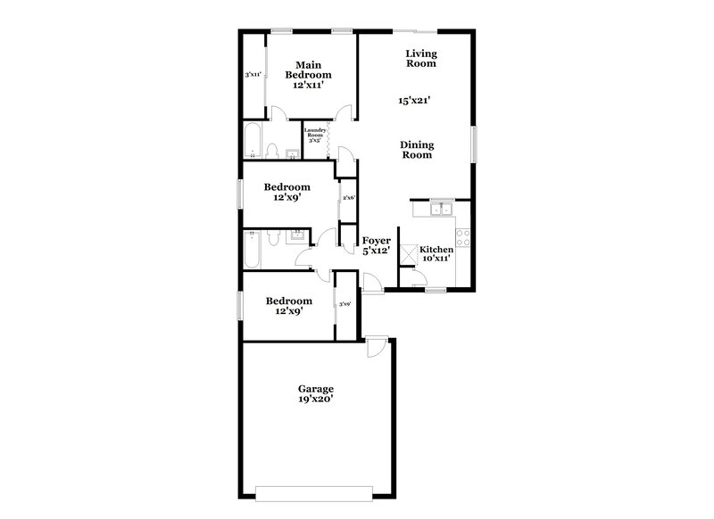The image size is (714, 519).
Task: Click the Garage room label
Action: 316,389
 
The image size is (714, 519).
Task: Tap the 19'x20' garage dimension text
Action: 316,400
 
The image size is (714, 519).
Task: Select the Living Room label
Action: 420,58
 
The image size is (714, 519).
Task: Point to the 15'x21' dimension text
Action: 415,101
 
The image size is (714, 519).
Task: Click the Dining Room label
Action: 416,149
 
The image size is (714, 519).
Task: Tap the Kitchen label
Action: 437,250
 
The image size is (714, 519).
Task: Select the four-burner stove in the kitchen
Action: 464,238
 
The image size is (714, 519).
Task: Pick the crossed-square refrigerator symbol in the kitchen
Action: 409,255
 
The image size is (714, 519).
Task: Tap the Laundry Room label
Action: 314,133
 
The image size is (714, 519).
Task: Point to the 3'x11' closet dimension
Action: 253,75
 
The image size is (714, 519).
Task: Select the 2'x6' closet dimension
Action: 348,198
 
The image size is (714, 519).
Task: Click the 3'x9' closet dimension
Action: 345,304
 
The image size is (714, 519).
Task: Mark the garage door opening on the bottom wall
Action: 312,491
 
